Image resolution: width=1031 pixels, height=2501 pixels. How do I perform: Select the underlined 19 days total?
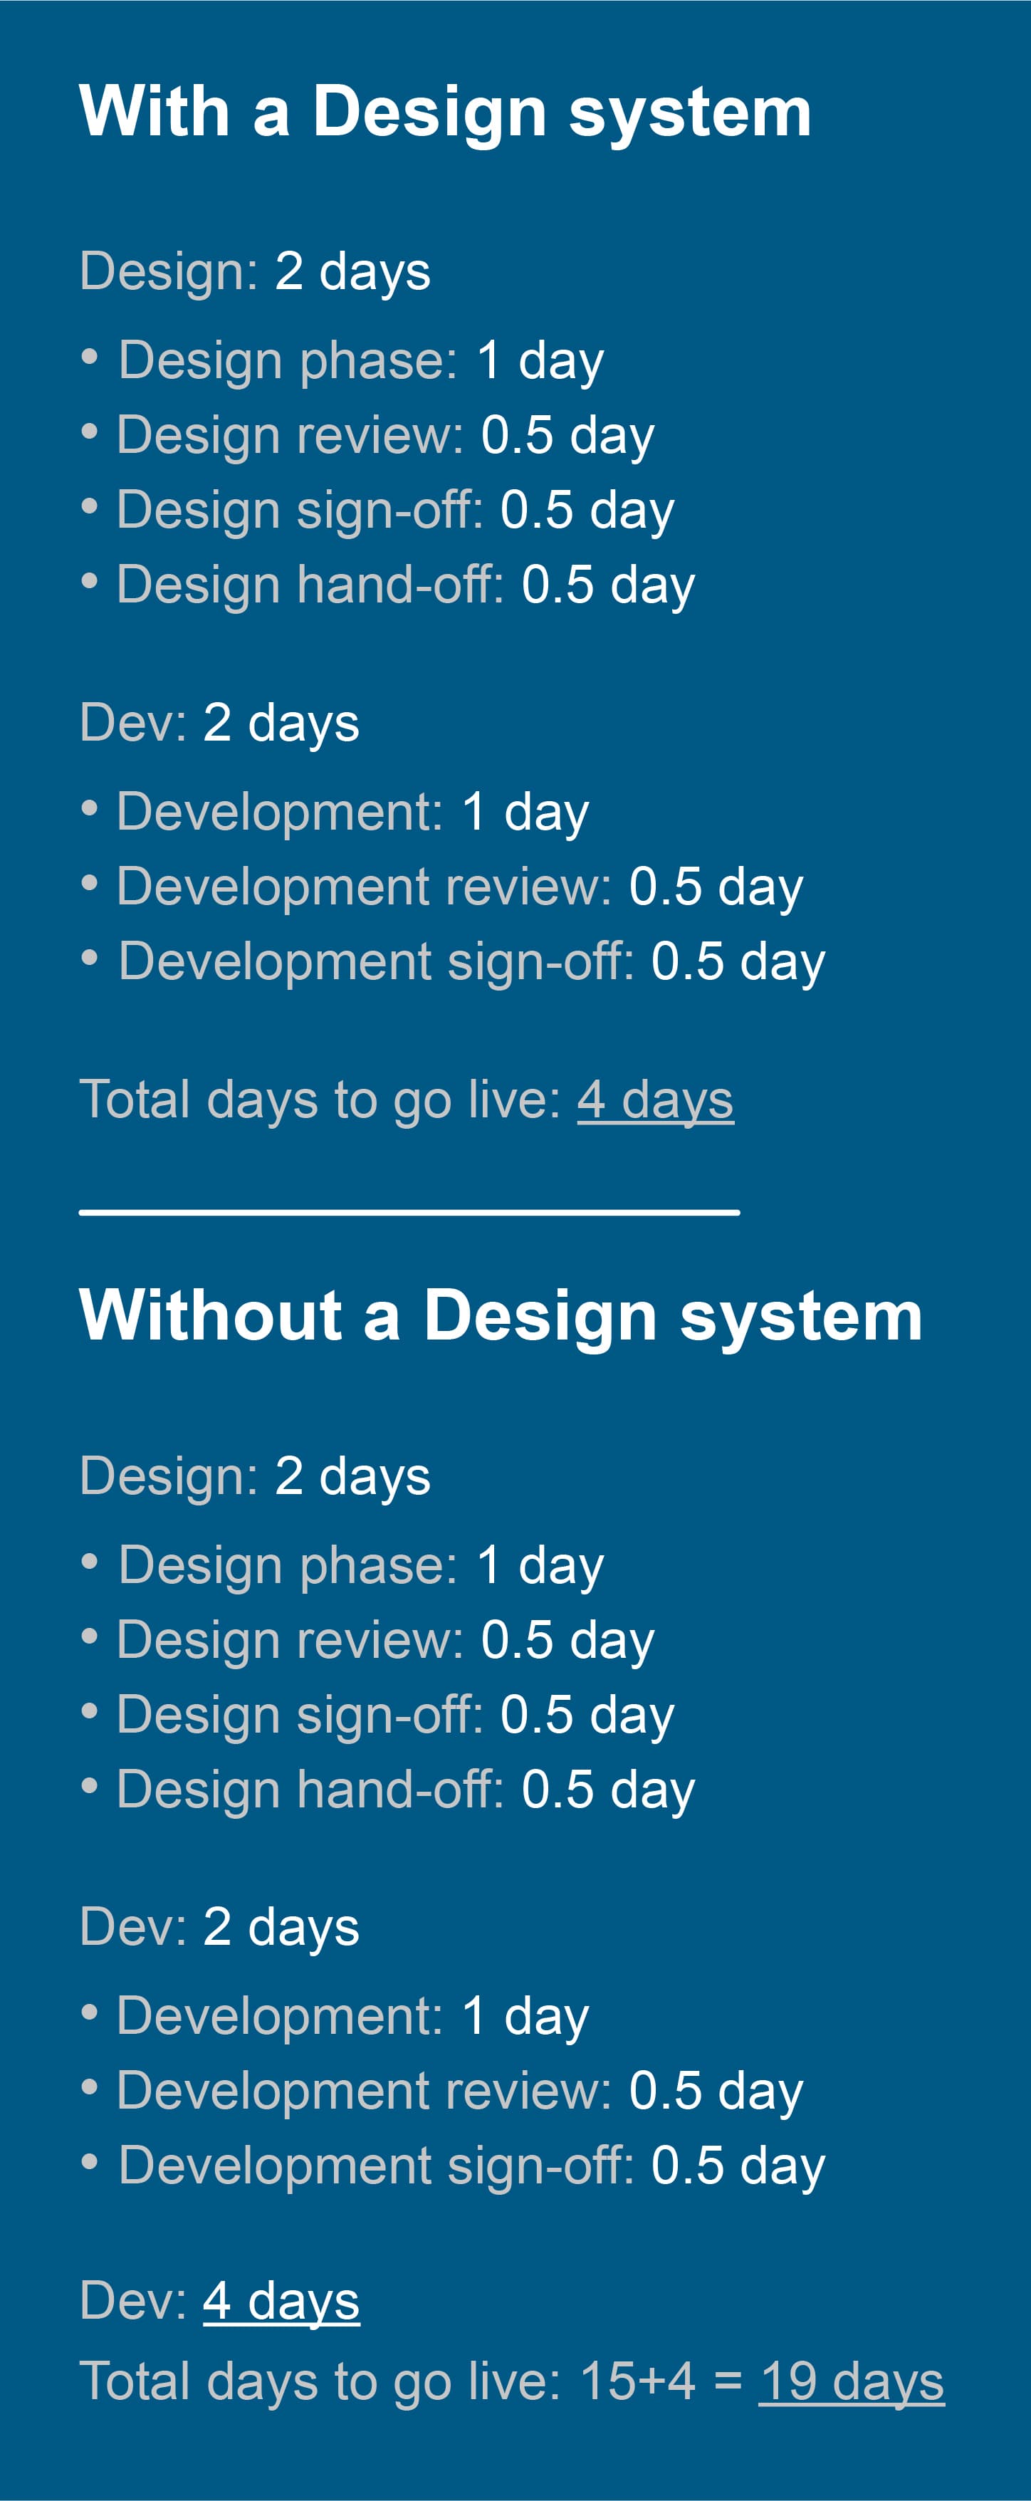click(852, 2381)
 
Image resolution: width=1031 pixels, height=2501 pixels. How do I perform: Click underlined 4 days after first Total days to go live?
click(655, 1100)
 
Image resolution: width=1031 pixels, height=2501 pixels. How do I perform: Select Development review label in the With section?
click(364, 887)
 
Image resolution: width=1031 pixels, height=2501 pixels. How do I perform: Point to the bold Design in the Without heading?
click(540, 1317)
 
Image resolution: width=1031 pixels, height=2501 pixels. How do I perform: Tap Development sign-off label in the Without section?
click(377, 2165)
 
